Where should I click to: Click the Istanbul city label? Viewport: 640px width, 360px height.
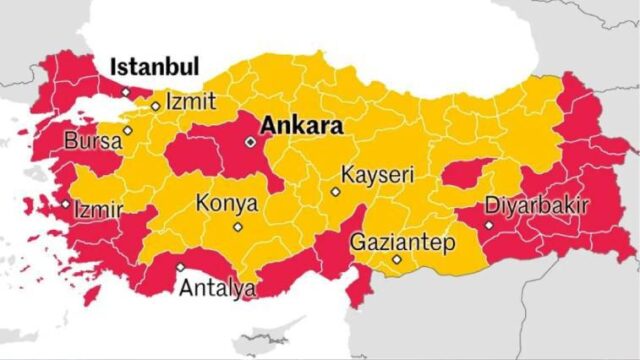[x=154, y=67]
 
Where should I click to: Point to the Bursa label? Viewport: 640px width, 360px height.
[x=92, y=141]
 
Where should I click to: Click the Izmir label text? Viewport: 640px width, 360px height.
[x=98, y=211]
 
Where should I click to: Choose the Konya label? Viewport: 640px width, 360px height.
[x=226, y=203]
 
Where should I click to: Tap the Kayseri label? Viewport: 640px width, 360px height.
[x=377, y=175]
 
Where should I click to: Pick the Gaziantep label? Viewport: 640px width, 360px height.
[x=402, y=242]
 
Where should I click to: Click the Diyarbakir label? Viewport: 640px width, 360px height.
[x=536, y=206]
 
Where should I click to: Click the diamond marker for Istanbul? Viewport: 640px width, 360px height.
[x=125, y=92]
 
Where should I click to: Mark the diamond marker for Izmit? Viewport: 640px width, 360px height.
[x=155, y=105]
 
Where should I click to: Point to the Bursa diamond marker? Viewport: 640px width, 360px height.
[x=127, y=130]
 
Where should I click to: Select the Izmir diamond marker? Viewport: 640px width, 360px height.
[x=66, y=204]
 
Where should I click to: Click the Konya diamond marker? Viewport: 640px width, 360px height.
[x=237, y=226]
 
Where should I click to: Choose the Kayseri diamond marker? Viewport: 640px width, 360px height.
[x=335, y=191]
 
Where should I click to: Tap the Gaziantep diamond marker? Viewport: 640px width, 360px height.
[x=397, y=260]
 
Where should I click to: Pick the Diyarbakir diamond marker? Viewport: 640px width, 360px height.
[x=488, y=225]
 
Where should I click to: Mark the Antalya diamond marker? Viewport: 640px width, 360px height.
[x=180, y=267]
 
